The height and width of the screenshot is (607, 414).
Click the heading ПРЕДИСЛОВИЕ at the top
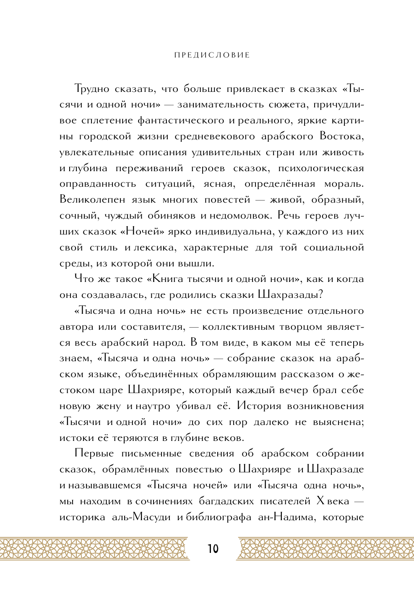(212, 55)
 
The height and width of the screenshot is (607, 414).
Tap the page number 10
(213, 549)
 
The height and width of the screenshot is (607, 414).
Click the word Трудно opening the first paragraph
(91, 89)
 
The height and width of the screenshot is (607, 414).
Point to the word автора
(76, 327)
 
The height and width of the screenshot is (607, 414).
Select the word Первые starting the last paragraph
(94, 453)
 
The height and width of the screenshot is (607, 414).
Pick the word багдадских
(226, 501)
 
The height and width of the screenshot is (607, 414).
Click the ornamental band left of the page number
(94, 548)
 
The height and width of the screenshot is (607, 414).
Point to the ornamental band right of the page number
(325, 548)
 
